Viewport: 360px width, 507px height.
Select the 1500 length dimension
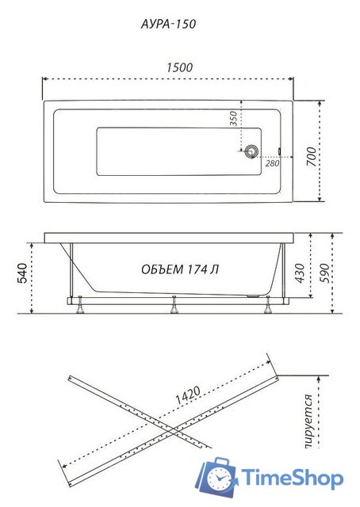point(180,68)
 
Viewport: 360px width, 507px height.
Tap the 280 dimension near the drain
point(272,163)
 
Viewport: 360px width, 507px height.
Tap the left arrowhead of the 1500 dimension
point(45,79)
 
